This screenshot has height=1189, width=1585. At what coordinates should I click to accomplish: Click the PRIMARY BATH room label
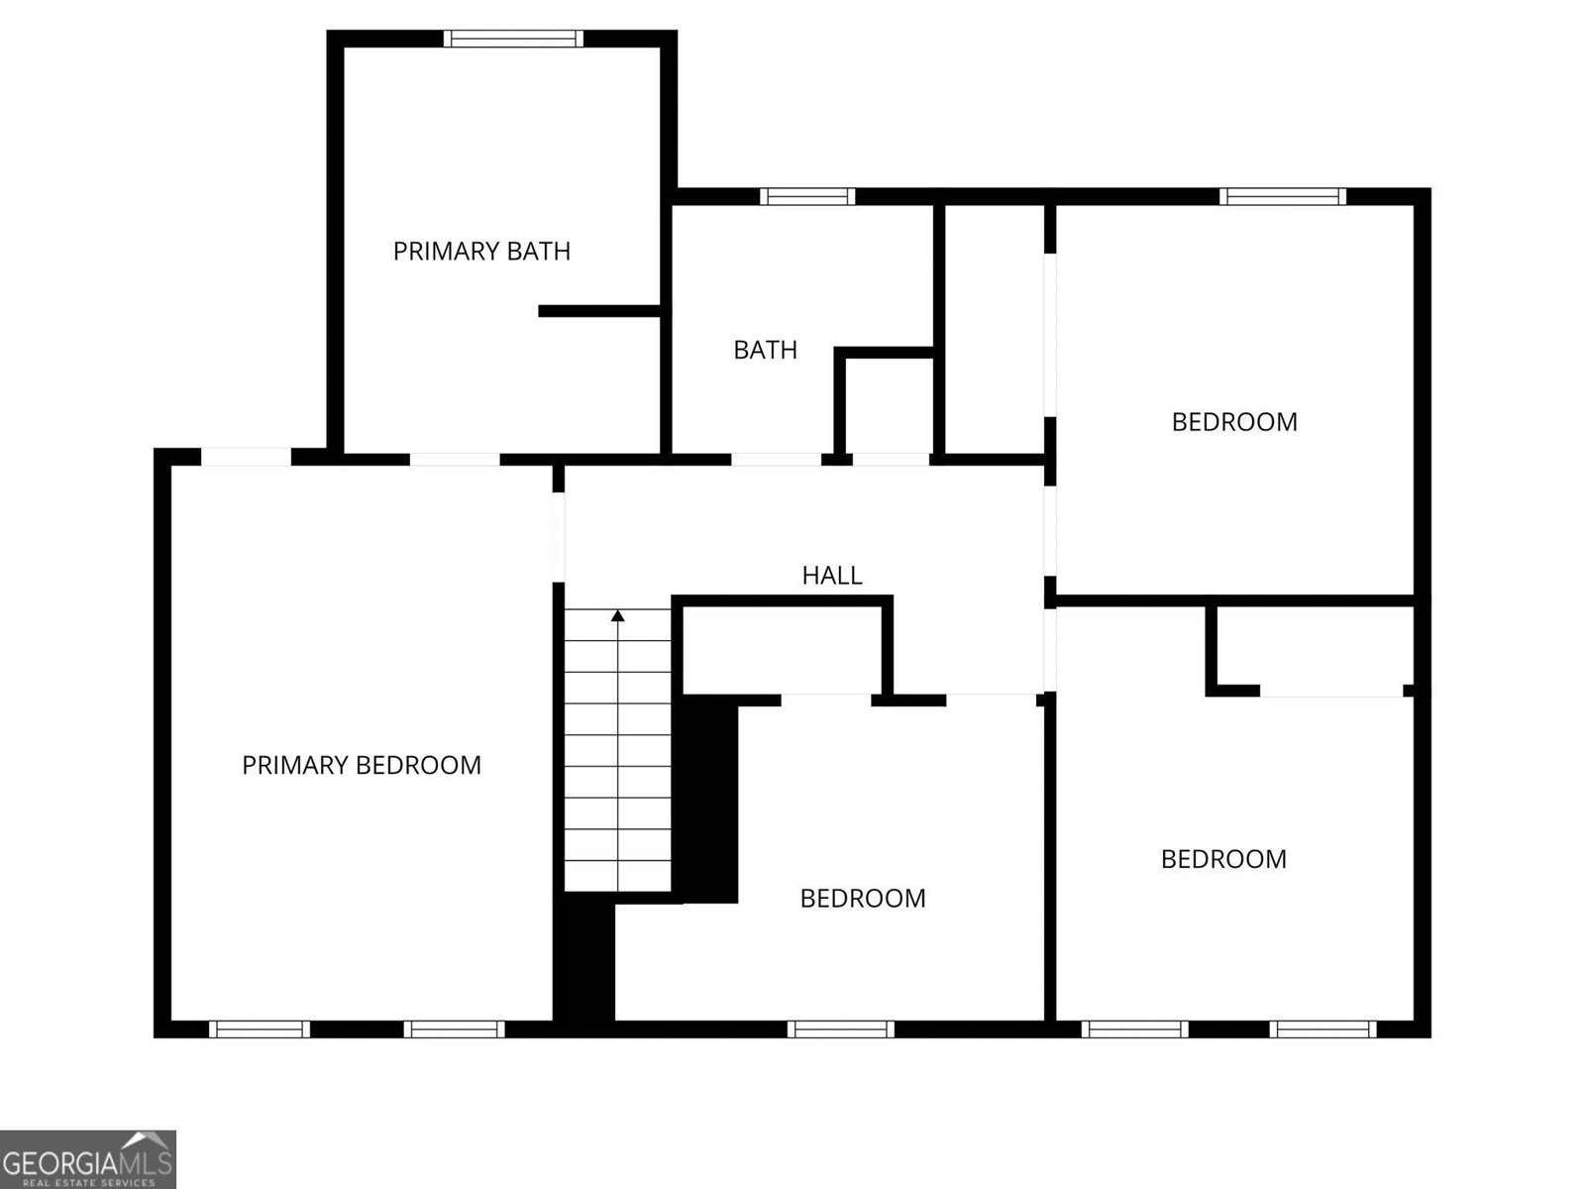click(x=481, y=252)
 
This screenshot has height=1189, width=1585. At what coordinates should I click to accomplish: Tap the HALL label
click(x=832, y=576)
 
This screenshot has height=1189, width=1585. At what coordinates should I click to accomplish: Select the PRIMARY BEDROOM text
click(x=361, y=765)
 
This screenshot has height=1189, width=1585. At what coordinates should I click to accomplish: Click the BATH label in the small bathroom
click(x=766, y=350)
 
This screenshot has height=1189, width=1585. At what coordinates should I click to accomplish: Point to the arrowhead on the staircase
click(x=617, y=615)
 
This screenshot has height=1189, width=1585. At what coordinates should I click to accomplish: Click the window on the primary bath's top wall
click(x=513, y=39)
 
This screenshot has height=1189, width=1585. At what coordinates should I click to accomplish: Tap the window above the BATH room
click(x=807, y=196)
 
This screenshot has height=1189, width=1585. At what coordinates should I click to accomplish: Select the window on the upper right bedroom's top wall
click(x=1283, y=196)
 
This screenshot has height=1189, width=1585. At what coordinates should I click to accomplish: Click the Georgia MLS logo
click(x=87, y=1158)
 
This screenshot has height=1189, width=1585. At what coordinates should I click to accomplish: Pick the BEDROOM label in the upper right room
click(x=1234, y=422)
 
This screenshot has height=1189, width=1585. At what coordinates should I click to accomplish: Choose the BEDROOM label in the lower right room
click(x=1223, y=859)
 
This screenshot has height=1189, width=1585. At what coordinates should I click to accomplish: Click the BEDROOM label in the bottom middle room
click(x=862, y=899)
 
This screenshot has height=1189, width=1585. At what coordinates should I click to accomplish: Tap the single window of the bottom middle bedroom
click(x=840, y=1029)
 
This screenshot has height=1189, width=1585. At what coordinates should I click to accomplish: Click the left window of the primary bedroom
click(x=260, y=1029)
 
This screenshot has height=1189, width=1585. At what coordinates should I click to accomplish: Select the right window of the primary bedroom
click(x=454, y=1029)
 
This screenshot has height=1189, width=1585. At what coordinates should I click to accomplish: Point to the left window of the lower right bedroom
click(x=1134, y=1029)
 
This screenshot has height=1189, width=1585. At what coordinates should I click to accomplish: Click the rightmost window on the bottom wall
click(x=1322, y=1029)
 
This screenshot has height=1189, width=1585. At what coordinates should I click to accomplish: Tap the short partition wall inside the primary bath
click(x=600, y=311)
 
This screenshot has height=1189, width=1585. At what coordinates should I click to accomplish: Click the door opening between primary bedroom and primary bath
click(x=455, y=460)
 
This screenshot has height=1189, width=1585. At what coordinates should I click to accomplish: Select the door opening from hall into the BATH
click(x=777, y=460)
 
